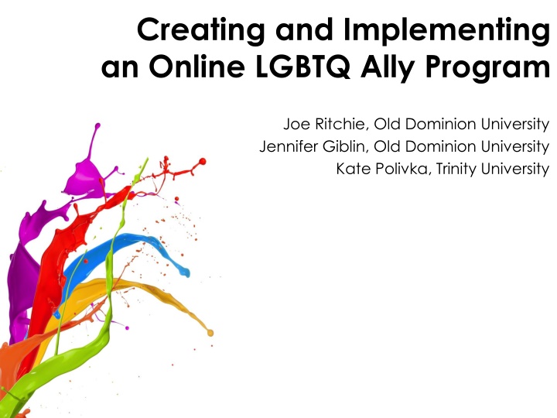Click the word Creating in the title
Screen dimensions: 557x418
pos(200,31)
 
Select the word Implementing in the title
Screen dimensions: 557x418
pos(446,31)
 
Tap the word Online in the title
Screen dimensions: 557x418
pos(196,66)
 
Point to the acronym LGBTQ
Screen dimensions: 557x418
pos(303,67)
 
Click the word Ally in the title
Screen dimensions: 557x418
pos(388,67)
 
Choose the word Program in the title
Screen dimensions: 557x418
pos(487,67)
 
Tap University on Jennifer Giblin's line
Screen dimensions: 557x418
pos(515,147)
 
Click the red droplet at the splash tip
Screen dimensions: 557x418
pos(203,161)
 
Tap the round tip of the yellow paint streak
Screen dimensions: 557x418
pos(210,333)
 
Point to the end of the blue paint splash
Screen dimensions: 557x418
pos(186,273)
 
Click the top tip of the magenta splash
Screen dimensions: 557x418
pos(97,125)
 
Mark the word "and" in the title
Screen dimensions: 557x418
pos(304,31)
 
